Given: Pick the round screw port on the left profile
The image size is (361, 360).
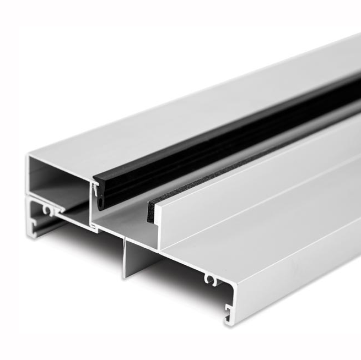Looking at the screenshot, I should coord(50,210).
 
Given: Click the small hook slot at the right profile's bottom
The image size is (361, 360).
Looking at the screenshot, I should coord(227,319).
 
